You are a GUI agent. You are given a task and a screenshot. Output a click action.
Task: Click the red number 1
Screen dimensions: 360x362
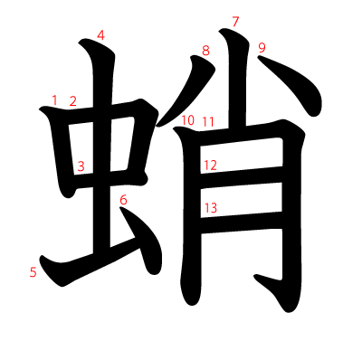tap(55, 99)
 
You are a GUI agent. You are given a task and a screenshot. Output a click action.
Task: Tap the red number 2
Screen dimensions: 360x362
tap(73, 100)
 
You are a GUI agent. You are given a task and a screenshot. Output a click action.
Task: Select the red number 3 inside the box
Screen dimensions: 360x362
tap(81, 166)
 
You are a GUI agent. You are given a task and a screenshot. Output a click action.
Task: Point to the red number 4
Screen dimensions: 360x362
tap(100, 35)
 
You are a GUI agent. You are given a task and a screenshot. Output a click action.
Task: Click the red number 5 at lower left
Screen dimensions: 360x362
tap(33, 271)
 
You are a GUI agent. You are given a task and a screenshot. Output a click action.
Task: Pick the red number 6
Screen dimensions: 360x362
tap(124, 199)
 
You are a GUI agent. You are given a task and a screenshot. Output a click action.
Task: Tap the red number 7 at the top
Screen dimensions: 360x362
tap(235, 21)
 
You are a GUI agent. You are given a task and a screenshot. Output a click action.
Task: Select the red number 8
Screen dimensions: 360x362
tap(205, 51)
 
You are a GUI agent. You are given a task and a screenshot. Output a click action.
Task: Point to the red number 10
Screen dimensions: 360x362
tap(187, 119)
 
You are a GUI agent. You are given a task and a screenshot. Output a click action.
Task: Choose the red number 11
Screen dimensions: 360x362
tap(208, 121)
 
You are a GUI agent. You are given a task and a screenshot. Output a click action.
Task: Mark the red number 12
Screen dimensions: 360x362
tap(211, 165)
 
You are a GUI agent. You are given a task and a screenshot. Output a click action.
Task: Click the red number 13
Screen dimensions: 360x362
tap(211, 208)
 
